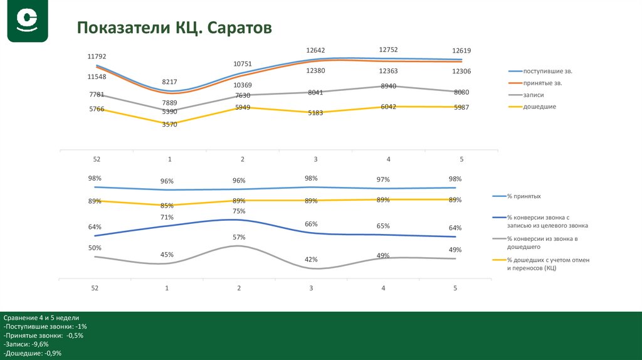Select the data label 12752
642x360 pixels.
[x=388, y=50]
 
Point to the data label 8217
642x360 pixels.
[x=170, y=82]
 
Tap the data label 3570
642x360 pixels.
[x=169, y=124]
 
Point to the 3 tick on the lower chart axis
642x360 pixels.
[x=311, y=288]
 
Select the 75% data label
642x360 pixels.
[x=239, y=211]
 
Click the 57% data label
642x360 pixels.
[x=239, y=237]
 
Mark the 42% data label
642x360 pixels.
[x=311, y=259]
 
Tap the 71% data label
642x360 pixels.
[x=167, y=218]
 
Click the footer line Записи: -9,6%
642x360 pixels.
[x=26, y=344]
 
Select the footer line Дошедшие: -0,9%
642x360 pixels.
[x=32, y=354]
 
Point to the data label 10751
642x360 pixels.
[x=243, y=64]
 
